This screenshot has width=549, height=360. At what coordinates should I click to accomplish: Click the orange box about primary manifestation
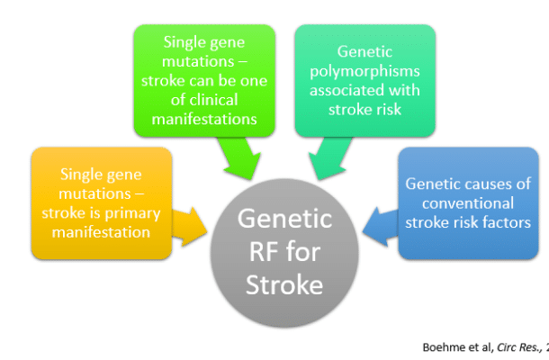click(x=100, y=202)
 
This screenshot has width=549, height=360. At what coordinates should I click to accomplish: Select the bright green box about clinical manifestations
click(x=202, y=79)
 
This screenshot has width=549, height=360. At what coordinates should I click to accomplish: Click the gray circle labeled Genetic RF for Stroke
click(x=285, y=252)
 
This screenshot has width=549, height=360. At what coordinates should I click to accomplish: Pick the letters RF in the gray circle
click(x=285, y=253)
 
